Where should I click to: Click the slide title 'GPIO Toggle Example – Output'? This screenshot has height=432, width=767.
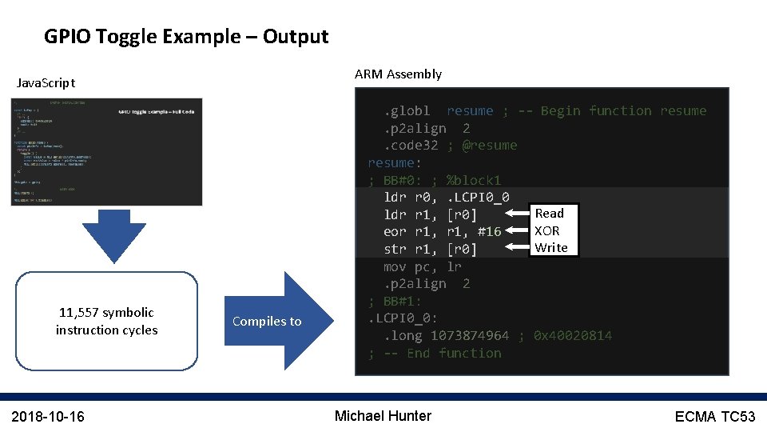pyautogui.click(x=186, y=37)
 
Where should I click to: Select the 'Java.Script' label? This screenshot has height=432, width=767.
pyautogui.click(x=46, y=82)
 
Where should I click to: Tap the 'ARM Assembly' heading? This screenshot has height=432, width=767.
pyautogui.click(x=398, y=74)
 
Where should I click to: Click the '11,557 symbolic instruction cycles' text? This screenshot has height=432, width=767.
pyautogui.click(x=106, y=321)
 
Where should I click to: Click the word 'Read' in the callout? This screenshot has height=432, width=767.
pyautogui.click(x=550, y=213)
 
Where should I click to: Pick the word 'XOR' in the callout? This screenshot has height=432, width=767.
pyautogui.click(x=547, y=230)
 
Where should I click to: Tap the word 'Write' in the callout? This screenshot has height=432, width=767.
pyautogui.click(x=551, y=248)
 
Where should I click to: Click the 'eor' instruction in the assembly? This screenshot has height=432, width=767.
pyautogui.click(x=395, y=231)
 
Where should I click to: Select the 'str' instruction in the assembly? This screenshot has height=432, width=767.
pyautogui.click(x=395, y=249)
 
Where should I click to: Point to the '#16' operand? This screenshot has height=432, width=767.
pyautogui.click(x=489, y=231)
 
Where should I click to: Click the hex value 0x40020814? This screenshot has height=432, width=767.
pyautogui.click(x=573, y=335)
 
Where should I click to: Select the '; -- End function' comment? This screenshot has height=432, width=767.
pyautogui.click(x=435, y=353)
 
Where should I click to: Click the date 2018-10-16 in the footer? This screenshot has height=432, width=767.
pyautogui.click(x=48, y=416)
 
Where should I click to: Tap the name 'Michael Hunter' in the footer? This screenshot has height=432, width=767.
pyautogui.click(x=383, y=416)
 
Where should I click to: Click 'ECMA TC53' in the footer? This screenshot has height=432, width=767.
pyautogui.click(x=714, y=416)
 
